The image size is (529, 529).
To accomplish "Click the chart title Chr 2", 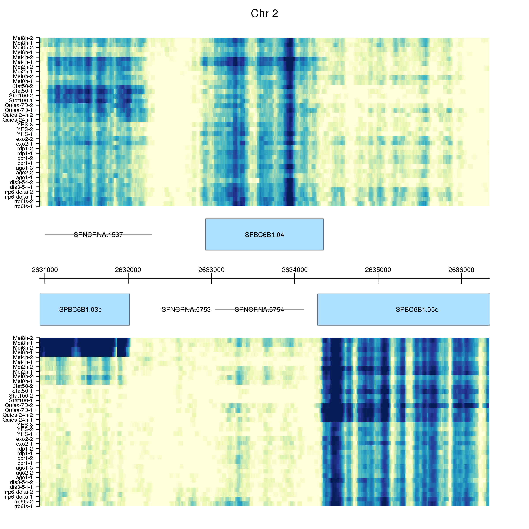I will (x=264, y=14).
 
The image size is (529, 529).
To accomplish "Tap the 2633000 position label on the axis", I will (x=211, y=270).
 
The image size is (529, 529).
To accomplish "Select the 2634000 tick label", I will (x=295, y=270).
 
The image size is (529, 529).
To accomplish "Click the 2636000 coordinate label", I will (x=461, y=270).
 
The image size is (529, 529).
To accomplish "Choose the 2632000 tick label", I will (x=128, y=270).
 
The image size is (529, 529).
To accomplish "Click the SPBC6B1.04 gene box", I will (x=264, y=234).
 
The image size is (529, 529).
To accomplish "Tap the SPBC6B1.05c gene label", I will (x=417, y=309).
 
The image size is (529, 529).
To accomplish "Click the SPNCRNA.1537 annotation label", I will (x=98, y=235).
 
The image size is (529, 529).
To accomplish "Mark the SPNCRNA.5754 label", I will (x=259, y=310).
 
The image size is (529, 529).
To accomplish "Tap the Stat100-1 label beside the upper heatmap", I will (x=21, y=101).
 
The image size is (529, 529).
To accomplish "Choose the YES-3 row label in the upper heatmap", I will (x=25, y=125).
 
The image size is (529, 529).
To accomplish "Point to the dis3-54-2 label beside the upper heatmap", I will (x=21, y=182).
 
